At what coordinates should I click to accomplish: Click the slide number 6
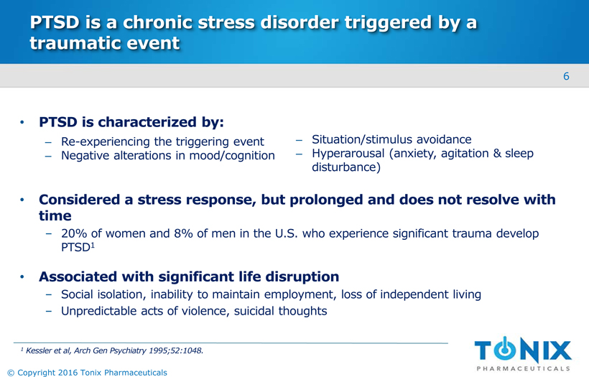[566, 76]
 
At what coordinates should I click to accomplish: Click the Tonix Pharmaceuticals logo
[523, 354]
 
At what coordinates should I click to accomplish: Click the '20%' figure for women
[74, 233]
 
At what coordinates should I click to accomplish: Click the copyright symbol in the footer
[11, 373]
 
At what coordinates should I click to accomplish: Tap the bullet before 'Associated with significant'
[22, 276]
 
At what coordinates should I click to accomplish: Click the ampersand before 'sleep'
[497, 153]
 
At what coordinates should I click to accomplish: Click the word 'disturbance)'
[346, 167]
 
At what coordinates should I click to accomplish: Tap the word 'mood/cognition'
[232, 155]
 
